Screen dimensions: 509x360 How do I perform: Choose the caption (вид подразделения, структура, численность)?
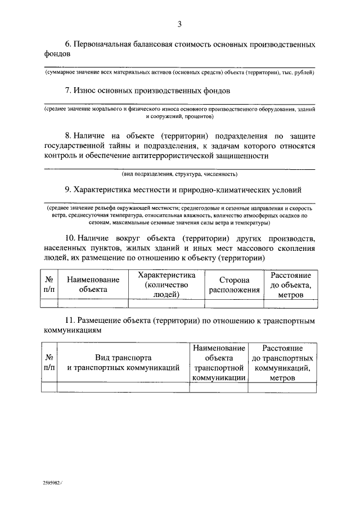coord(180,174)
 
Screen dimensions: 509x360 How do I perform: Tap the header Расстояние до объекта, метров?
coord(291,285)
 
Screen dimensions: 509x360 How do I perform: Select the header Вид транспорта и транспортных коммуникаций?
coord(123,362)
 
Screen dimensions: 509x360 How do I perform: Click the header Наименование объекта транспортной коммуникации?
coord(218,363)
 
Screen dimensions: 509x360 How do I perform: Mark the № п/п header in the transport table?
coord(49,362)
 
